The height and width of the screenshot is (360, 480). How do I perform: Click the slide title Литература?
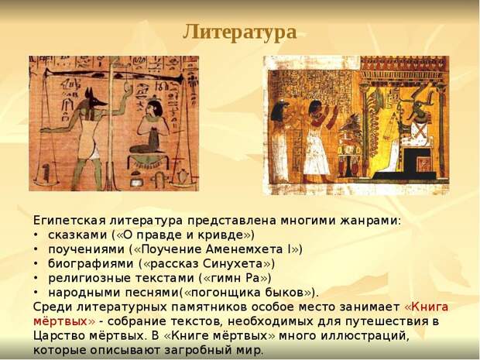pos(240,33)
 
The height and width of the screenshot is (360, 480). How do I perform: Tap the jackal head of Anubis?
pos(93,100)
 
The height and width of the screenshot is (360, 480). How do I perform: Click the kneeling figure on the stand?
pos(151,128)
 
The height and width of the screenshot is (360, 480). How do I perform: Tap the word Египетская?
pos(70,221)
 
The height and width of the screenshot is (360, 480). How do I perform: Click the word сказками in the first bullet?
pos(77,235)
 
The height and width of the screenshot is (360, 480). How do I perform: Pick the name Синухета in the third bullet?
pos(233,263)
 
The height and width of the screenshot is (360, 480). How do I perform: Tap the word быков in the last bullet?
pos(284,293)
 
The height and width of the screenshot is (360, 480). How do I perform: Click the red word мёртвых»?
pos(64,321)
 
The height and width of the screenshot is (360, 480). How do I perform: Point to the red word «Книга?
pos(427,307)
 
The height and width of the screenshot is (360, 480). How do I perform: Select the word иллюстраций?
pos(365,336)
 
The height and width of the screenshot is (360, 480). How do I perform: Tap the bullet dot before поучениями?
pos(36,250)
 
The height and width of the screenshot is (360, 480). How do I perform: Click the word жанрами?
pos(370,221)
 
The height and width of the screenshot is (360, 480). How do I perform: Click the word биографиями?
pos(91,264)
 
